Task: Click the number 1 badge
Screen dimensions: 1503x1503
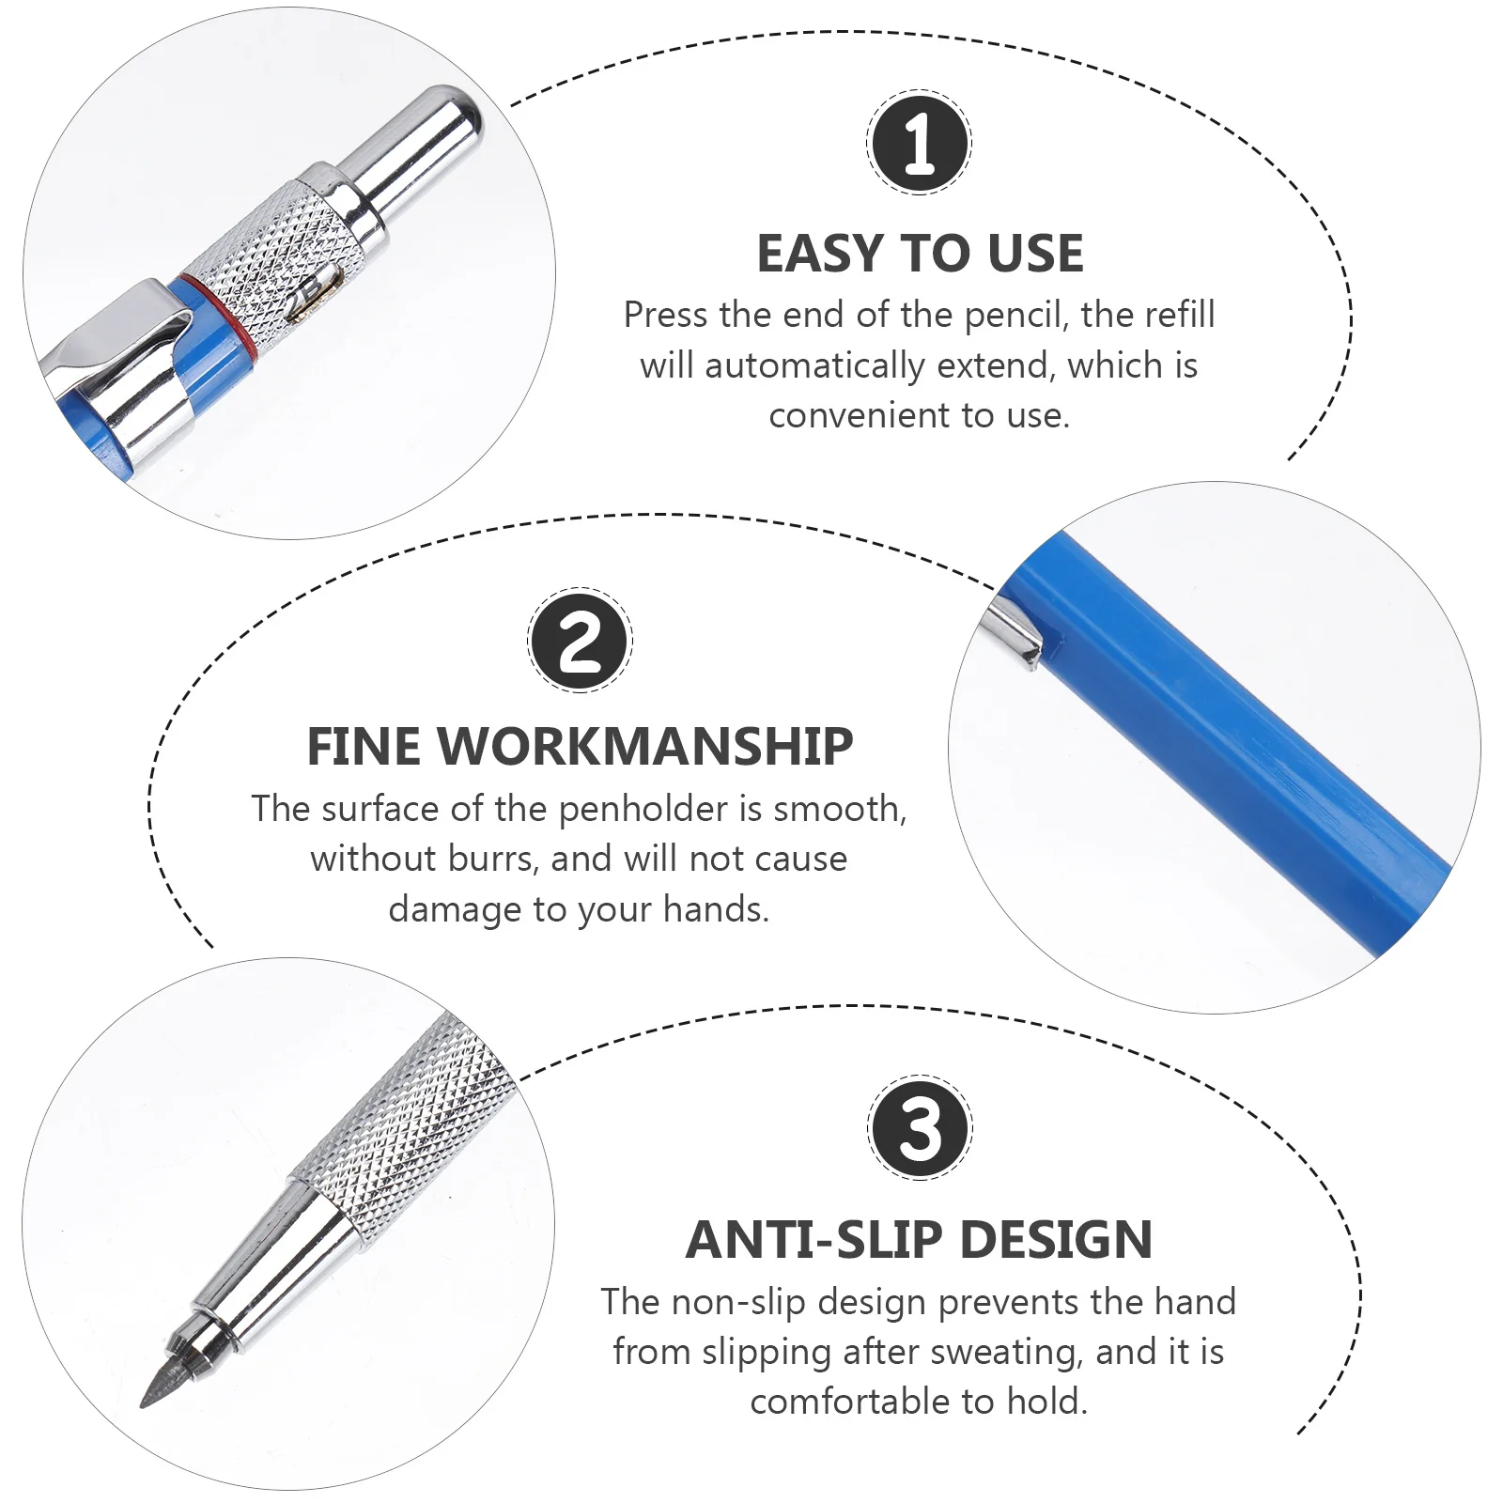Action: coord(919,143)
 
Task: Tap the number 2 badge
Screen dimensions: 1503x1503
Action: coord(580,641)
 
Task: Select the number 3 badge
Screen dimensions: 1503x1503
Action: coord(920,1127)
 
